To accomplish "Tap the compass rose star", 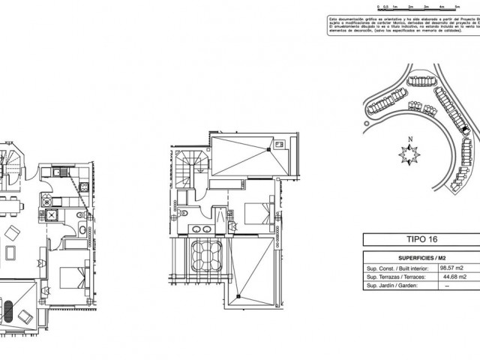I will [409, 155].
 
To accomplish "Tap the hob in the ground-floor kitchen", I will [46, 200].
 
